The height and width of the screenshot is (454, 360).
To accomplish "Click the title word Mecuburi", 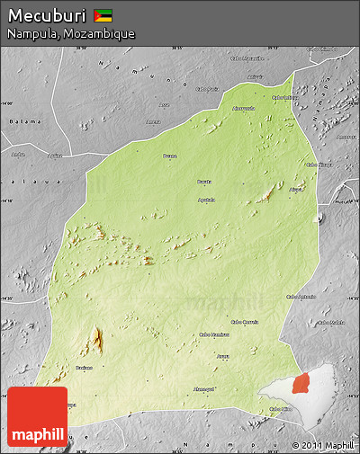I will click(47, 14).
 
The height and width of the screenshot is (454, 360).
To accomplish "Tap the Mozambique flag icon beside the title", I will click(103, 14).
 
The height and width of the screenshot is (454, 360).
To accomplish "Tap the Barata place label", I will click(204, 182).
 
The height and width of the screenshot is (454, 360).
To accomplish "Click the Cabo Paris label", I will click(208, 89).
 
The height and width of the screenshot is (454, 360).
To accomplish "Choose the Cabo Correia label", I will click(245, 321).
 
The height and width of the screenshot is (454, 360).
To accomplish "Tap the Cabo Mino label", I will click(281, 409).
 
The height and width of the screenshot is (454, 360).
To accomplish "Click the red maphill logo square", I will click(37, 416).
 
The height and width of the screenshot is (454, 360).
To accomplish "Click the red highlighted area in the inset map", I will click(300, 384).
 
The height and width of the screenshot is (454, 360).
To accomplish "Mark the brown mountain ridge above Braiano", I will click(96, 340).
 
